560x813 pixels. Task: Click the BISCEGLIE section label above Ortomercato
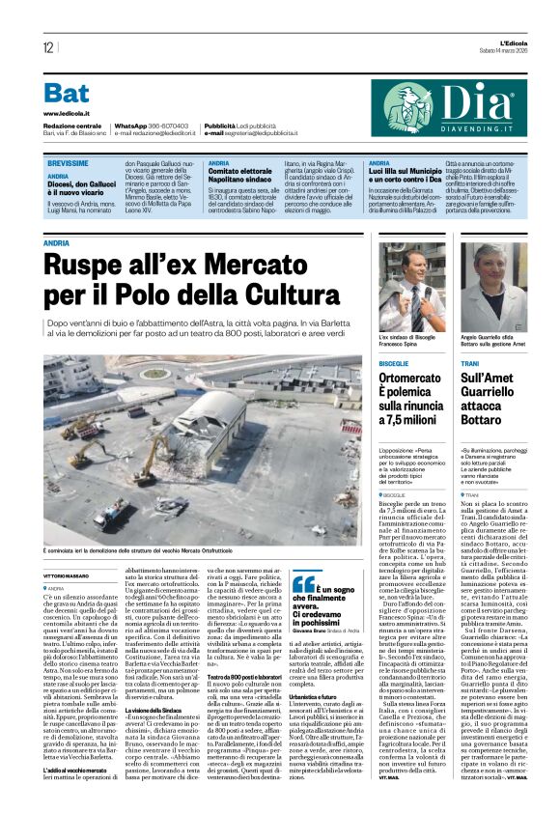[397, 356]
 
